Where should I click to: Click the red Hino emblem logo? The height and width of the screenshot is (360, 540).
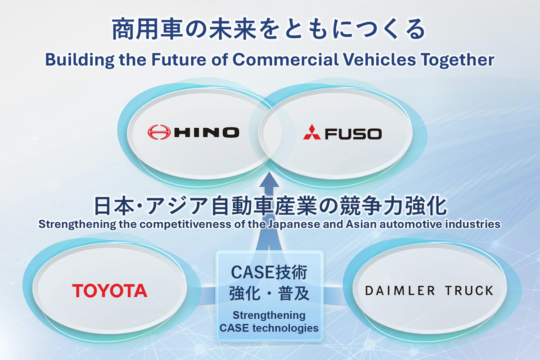159,132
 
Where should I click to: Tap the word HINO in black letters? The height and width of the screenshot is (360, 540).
207,132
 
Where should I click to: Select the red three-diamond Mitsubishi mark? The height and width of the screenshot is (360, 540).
312,132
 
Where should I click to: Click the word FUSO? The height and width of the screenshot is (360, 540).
353,134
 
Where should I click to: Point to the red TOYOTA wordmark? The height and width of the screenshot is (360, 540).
110,291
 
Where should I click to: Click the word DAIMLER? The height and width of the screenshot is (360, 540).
400,291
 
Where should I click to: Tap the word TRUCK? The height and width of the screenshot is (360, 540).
469,291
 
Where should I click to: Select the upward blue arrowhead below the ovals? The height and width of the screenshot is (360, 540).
269,180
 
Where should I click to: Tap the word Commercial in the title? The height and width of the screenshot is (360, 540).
286,59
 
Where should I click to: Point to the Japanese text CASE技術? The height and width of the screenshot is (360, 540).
269,272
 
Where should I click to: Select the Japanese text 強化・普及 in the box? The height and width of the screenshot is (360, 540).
269,293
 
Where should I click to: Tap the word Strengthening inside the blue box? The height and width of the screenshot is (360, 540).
269,315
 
